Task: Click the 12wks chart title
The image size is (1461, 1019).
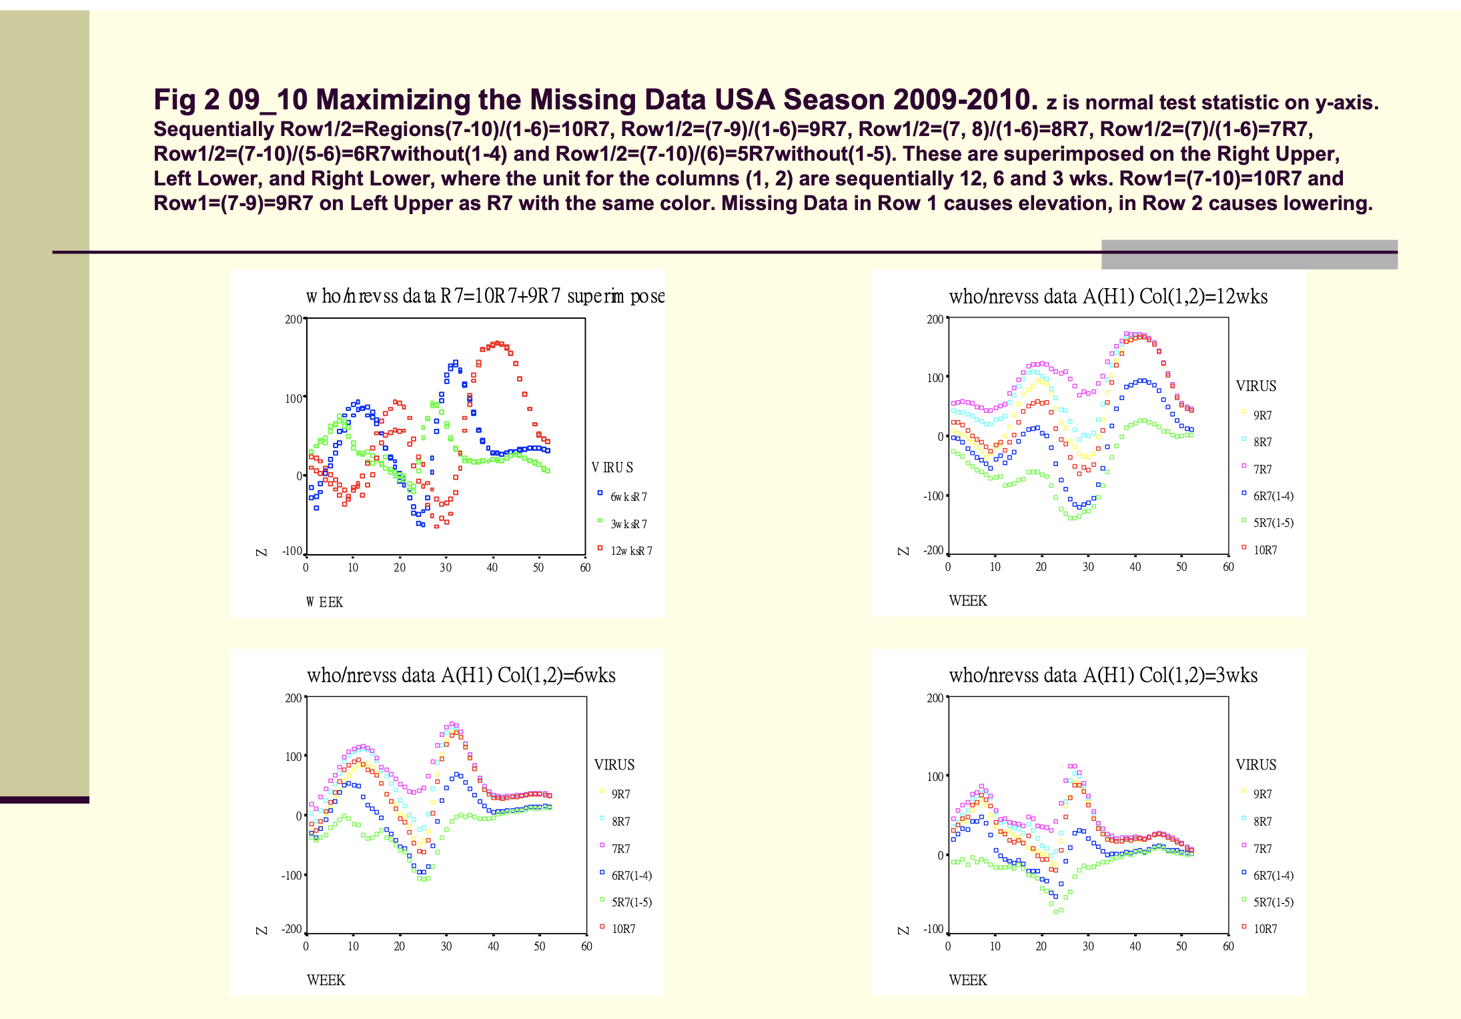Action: [x=1107, y=297]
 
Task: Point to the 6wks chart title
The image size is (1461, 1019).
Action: [x=461, y=676]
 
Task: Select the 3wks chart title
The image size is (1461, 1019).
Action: [x=1103, y=676]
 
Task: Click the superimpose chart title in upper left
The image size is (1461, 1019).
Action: [x=485, y=296]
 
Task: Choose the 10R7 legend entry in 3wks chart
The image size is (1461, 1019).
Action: [x=1265, y=929]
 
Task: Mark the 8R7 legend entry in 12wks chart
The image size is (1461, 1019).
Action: [x=1262, y=442]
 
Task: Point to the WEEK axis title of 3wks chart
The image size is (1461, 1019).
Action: [x=967, y=980]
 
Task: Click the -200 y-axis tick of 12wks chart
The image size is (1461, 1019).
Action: [x=933, y=551]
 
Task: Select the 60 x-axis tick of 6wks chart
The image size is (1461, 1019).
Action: [x=586, y=946]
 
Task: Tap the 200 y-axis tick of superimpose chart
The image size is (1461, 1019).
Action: [x=294, y=319]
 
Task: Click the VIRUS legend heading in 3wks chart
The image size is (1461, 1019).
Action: [x=1256, y=765]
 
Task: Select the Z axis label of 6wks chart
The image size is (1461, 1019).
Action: [x=262, y=930]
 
